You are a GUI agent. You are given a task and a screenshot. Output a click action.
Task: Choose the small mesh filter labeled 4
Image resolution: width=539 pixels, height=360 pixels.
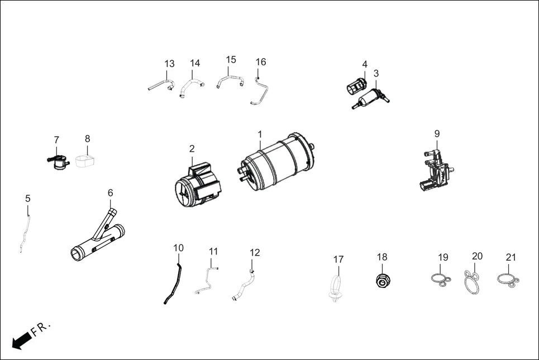[355, 87]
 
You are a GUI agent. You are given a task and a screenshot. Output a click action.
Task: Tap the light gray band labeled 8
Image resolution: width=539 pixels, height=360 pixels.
[85, 161]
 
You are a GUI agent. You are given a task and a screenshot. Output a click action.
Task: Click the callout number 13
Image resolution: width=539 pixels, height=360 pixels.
[169, 64]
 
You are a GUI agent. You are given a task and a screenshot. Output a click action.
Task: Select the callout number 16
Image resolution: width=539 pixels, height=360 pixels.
[261, 62]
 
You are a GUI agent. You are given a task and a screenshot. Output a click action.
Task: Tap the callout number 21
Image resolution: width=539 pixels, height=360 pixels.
[511, 257]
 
